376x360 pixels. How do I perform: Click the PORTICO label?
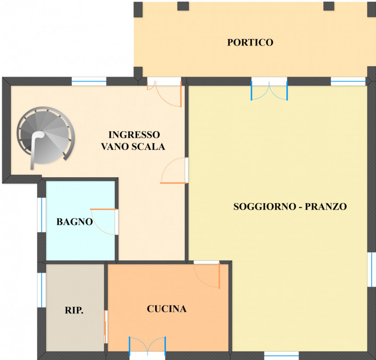coord(250,42)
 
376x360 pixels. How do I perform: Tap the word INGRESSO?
coord(134,135)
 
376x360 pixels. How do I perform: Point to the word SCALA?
coord(149,147)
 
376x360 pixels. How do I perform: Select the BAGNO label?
coord(75,222)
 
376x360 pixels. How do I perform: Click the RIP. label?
coord(74,310)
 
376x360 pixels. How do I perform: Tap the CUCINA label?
coord(167,309)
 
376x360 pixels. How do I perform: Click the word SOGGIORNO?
coord(265,207)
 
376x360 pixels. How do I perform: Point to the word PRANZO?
coord(326,207)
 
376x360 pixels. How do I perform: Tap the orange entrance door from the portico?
coord(164,94)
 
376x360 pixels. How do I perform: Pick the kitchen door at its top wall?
coord(207,275)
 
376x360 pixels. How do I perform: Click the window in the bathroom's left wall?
coord(42,215)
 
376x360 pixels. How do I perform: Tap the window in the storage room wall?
coord(42,290)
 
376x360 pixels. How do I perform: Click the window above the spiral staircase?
coord(89,81)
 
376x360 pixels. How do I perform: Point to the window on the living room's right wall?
coord(372,269)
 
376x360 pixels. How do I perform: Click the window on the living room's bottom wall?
coord(281,355)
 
